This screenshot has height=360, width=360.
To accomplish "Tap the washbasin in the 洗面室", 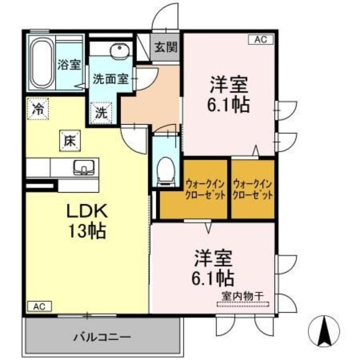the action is (x=120, y=50).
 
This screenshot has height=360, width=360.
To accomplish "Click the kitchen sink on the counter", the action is (x=84, y=167).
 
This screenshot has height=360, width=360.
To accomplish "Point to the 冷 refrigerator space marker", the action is (x=38, y=109).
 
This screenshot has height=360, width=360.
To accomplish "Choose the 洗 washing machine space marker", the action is (x=101, y=113).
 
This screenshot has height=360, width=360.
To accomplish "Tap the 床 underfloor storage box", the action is (x=70, y=141).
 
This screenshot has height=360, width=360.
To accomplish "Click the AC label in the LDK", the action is (x=40, y=306).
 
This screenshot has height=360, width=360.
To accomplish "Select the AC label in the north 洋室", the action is (x=261, y=40).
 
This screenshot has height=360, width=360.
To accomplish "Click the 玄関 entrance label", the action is (x=166, y=48).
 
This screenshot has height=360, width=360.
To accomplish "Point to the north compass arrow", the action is (x=324, y=331).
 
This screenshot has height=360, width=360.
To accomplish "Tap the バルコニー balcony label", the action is (x=103, y=337).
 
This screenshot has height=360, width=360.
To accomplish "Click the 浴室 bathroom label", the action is (x=69, y=64).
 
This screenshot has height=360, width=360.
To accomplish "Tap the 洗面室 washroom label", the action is (x=110, y=79).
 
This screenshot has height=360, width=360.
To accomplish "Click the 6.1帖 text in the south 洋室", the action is (x=213, y=278).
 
